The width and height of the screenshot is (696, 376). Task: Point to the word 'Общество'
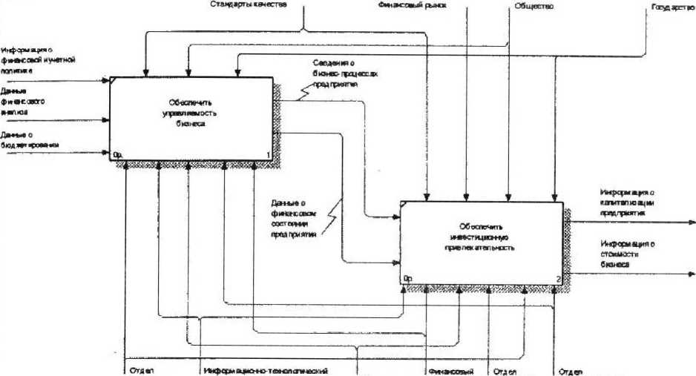pos(529,7)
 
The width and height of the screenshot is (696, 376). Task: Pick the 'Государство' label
pos(672,8)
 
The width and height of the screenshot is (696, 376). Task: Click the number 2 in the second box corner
pos(558,278)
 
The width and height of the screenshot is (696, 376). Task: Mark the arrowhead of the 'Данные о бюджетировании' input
pos(107,154)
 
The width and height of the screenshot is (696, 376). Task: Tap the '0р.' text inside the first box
pos(117,154)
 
